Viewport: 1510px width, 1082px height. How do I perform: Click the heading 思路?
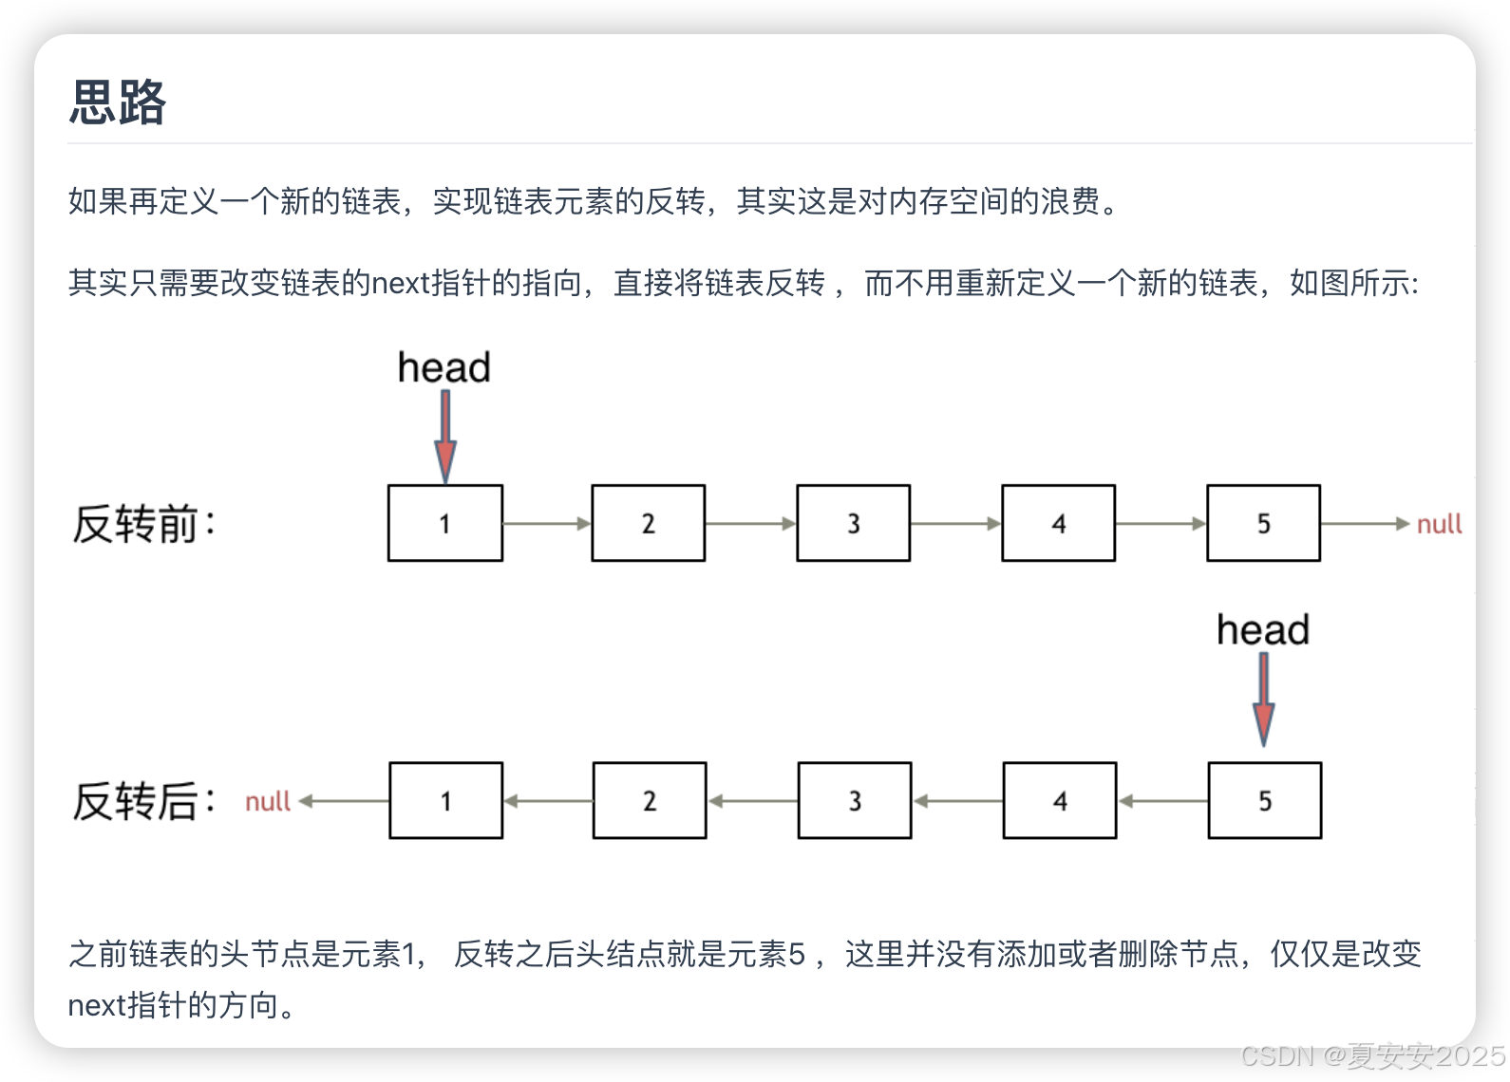(x=118, y=103)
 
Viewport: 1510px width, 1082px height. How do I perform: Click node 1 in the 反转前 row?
(x=444, y=523)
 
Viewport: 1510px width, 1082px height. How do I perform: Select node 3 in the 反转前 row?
(x=853, y=523)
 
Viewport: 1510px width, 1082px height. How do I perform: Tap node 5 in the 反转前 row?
(x=1263, y=523)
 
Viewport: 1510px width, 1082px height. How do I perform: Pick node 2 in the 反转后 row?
(x=650, y=800)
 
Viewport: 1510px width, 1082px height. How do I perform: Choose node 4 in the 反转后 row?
(x=1060, y=800)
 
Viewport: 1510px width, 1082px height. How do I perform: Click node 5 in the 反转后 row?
(x=1264, y=800)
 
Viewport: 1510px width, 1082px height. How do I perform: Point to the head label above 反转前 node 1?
(x=444, y=367)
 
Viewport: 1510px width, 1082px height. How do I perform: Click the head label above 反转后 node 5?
(x=1263, y=629)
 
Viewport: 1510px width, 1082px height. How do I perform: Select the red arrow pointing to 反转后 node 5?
(x=1264, y=700)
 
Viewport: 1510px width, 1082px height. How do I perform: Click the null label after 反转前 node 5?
(x=1439, y=524)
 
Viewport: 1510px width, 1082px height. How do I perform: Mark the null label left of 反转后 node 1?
(x=268, y=802)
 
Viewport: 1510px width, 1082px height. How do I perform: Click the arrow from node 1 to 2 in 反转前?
(x=547, y=523)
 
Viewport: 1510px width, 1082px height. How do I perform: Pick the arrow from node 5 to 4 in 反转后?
(x=1162, y=801)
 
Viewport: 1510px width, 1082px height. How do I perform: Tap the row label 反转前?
(x=143, y=524)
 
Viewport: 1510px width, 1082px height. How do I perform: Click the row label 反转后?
(x=143, y=801)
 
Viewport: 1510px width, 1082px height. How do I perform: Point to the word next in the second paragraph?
(x=400, y=283)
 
